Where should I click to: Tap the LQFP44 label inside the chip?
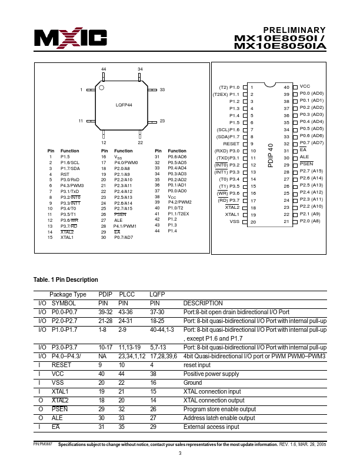tap(124, 104)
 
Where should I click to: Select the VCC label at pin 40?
tap(305, 86)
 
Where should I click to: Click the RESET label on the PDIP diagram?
tap(231, 144)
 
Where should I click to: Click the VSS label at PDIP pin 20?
tap(234, 222)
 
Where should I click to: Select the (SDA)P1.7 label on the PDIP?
tap(228, 137)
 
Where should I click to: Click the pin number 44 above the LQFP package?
tap(104, 69)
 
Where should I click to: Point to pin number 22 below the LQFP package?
tap(140, 142)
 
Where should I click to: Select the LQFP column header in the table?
tap(157, 294)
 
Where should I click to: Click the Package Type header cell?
tap(68, 294)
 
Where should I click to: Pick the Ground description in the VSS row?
tap(193, 382)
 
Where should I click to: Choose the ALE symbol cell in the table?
tap(58, 418)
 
